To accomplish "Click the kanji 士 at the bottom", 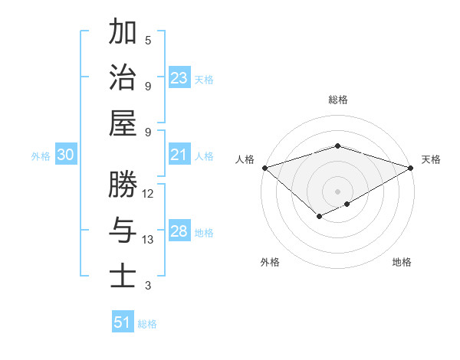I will click(123, 277).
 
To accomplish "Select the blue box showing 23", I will click(179, 78).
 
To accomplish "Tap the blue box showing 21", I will click(179, 155).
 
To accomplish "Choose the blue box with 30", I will click(66, 155).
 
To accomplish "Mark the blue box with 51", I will click(123, 322).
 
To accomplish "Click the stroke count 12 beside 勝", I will click(148, 193).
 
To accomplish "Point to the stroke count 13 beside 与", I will click(148, 240).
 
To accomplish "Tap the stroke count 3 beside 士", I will click(148, 286).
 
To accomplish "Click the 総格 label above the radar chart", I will click(337, 100).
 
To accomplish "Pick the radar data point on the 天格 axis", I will click(411, 168).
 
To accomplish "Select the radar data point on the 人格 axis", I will click(264, 168).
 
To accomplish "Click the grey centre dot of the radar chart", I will click(337, 191).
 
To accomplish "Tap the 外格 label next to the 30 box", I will click(41, 156).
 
